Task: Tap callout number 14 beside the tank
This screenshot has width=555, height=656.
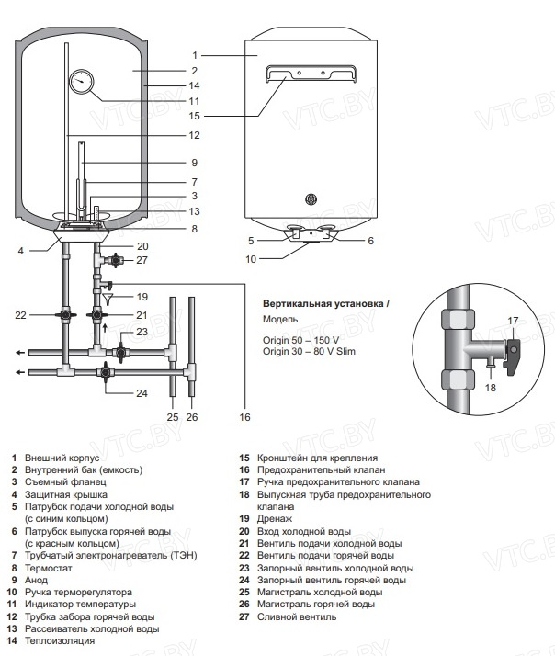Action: (193, 85)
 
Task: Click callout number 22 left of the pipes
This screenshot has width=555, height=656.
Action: (21, 314)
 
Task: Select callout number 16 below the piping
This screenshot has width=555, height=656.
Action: (244, 417)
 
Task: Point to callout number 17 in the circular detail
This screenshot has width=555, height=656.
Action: (514, 320)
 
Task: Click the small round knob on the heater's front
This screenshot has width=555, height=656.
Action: (310, 198)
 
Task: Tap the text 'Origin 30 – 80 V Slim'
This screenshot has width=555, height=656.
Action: (309, 351)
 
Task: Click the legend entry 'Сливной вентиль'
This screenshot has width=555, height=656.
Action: (296, 616)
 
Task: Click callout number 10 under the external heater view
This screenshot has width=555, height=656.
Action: (251, 259)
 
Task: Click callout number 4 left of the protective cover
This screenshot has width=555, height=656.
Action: (19, 249)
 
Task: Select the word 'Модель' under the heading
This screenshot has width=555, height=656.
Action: (280, 320)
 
